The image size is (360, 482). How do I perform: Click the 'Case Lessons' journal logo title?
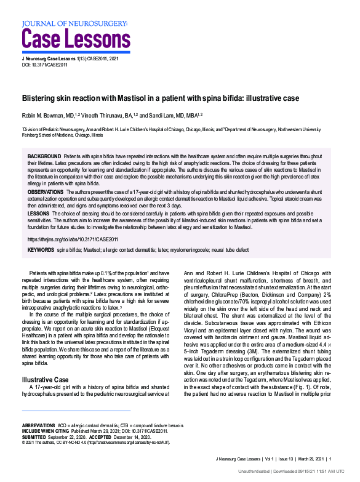point(76,39)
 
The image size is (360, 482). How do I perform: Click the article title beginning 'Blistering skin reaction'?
point(161,98)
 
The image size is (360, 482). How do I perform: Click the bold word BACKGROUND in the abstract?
point(44,157)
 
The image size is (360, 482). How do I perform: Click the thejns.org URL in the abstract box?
point(73,238)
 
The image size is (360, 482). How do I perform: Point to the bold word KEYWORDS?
point(41,250)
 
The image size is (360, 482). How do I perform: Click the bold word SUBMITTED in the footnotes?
point(36,436)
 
